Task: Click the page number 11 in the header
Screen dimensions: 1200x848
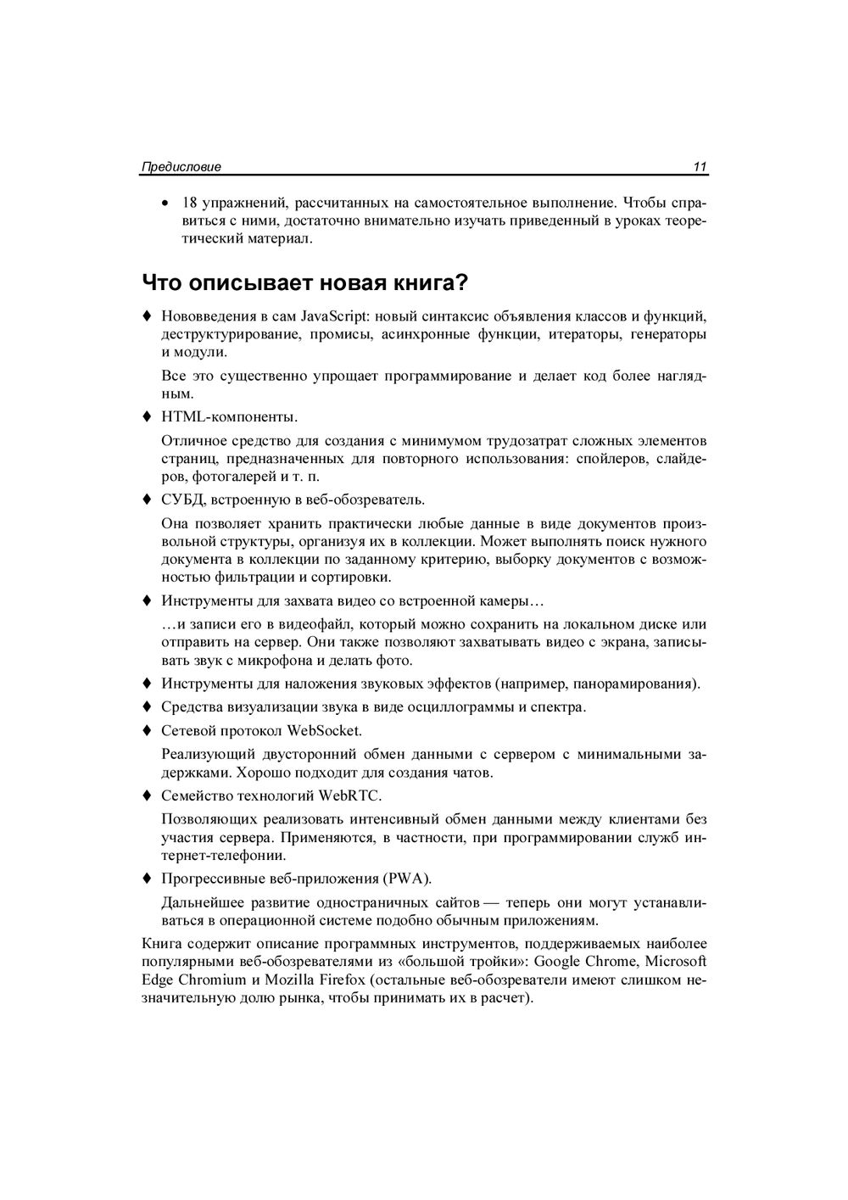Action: click(700, 167)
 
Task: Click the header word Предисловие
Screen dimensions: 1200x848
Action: click(181, 167)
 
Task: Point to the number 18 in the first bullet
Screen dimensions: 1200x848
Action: click(189, 204)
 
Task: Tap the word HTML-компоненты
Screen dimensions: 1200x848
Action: click(229, 417)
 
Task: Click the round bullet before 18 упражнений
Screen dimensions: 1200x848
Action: click(165, 204)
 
